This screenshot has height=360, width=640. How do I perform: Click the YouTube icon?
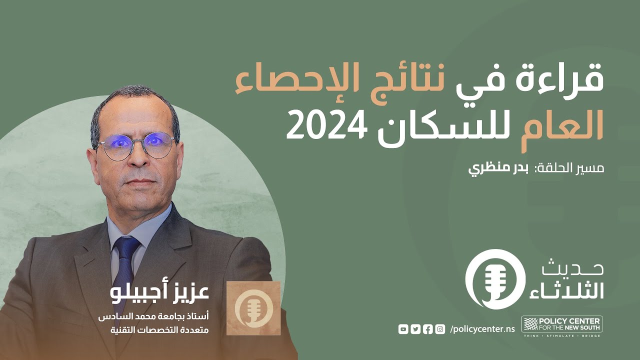click(403, 328)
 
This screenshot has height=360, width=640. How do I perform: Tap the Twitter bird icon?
click(415, 328)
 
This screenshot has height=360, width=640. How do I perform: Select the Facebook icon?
click(427, 328)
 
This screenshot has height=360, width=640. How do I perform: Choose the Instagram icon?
click(440, 328)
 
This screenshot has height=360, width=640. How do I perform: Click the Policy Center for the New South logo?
click(561, 324)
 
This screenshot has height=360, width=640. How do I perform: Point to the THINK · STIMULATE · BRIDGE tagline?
click(561, 335)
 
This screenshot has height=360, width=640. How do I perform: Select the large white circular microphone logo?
click(494, 279)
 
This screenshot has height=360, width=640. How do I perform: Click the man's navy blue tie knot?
click(126, 245)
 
